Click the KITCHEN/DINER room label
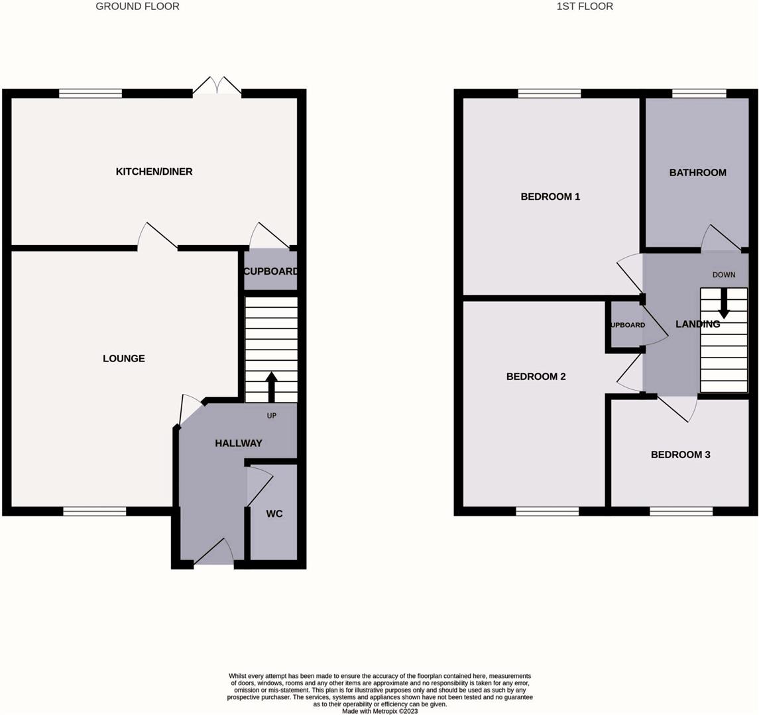154,171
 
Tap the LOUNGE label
124,358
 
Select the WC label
274,514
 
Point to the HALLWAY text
239,443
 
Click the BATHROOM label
697,172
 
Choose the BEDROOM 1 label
550,197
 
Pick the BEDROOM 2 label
536,376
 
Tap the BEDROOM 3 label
680,455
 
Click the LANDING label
697,324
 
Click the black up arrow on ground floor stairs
271,387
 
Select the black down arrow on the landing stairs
723,303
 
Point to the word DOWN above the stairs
723,275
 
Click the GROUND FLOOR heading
137,7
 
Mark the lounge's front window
95,511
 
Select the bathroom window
699,93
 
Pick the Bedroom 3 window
681,511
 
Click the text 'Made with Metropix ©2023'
380,711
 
